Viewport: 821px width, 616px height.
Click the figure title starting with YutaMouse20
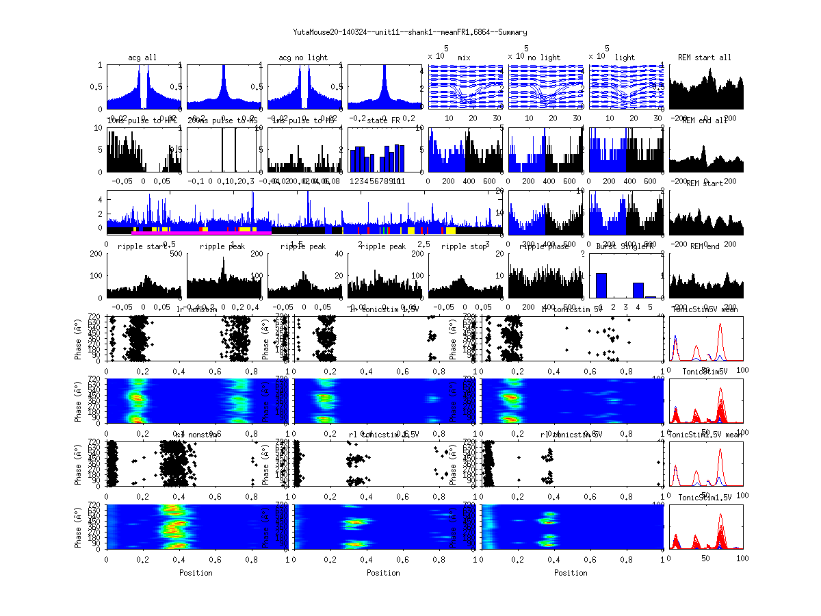pyautogui.click(x=410, y=32)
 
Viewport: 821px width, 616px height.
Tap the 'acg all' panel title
pyautogui.click(x=142, y=57)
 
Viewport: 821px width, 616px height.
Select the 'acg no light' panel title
pyautogui.click(x=303, y=57)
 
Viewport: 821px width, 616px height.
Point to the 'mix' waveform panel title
pyautogui.click(x=465, y=57)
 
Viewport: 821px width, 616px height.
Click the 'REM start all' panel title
pyautogui.click(x=705, y=57)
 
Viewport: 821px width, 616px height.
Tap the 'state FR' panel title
pyautogui.click(x=385, y=120)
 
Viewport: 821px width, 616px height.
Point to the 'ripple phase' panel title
pyautogui.click(x=545, y=246)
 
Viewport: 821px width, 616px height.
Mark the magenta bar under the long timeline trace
pyautogui.click(x=202, y=233)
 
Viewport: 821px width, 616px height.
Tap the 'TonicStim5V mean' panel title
pyautogui.click(x=707, y=309)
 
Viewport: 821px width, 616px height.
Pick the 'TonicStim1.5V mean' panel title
pyautogui.click(x=707, y=435)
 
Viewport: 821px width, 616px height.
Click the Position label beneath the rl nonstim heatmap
pyautogui.click(x=196, y=572)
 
